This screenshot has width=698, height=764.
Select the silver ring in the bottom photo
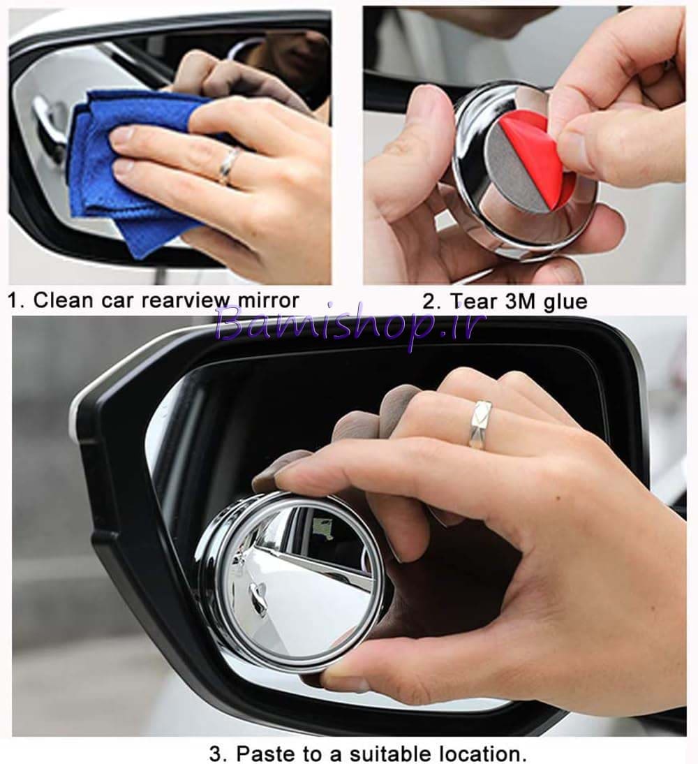[x=480, y=423]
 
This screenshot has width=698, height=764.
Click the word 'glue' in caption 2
[x=565, y=302]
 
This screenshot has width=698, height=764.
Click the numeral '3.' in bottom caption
[x=218, y=754]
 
